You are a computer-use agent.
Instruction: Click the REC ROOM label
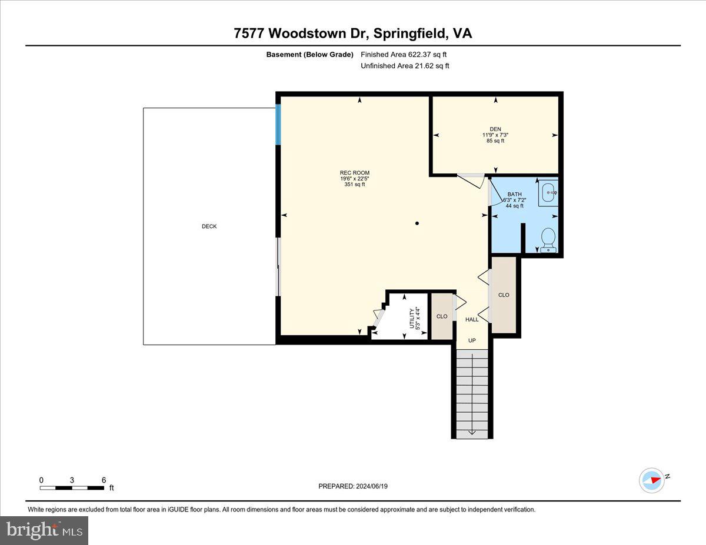[354, 173]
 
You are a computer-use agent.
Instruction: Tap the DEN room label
[495, 129]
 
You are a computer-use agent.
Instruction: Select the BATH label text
[514, 195]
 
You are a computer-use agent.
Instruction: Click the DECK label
[209, 226]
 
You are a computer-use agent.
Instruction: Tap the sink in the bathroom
[548, 192]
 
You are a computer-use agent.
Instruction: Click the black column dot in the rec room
[417, 223]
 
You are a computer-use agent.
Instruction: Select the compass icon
[652, 480]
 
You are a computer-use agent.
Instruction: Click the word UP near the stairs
[472, 340]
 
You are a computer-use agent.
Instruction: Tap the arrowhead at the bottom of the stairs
[472, 432]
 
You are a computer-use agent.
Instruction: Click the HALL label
[472, 319]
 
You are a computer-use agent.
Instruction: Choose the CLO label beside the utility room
[442, 316]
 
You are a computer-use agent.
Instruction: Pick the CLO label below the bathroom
[504, 295]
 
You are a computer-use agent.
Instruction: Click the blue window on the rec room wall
[279, 125]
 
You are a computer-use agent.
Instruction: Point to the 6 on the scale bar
[104, 480]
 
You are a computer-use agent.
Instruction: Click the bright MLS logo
[45, 530]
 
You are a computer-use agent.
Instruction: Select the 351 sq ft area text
[354, 185]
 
